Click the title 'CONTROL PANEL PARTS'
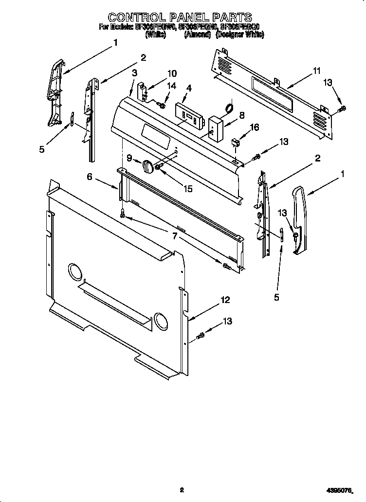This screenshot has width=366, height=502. [x=181, y=18]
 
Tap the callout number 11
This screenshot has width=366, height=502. [x=316, y=71]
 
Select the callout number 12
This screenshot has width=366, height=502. [x=224, y=301]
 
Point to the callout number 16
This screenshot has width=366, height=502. [x=255, y=127]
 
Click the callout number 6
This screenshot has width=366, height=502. [x=90, y=177]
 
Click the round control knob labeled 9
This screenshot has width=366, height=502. [x=147, y=166]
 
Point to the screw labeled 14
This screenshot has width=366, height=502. [x=162, y=104]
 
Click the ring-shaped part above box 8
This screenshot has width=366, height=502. [x=228, y=107]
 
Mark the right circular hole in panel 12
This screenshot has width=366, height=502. [x=160, y=320]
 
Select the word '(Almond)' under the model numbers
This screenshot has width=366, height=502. [x=197, y=35]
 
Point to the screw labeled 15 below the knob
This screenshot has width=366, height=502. [x=158, y=167]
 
